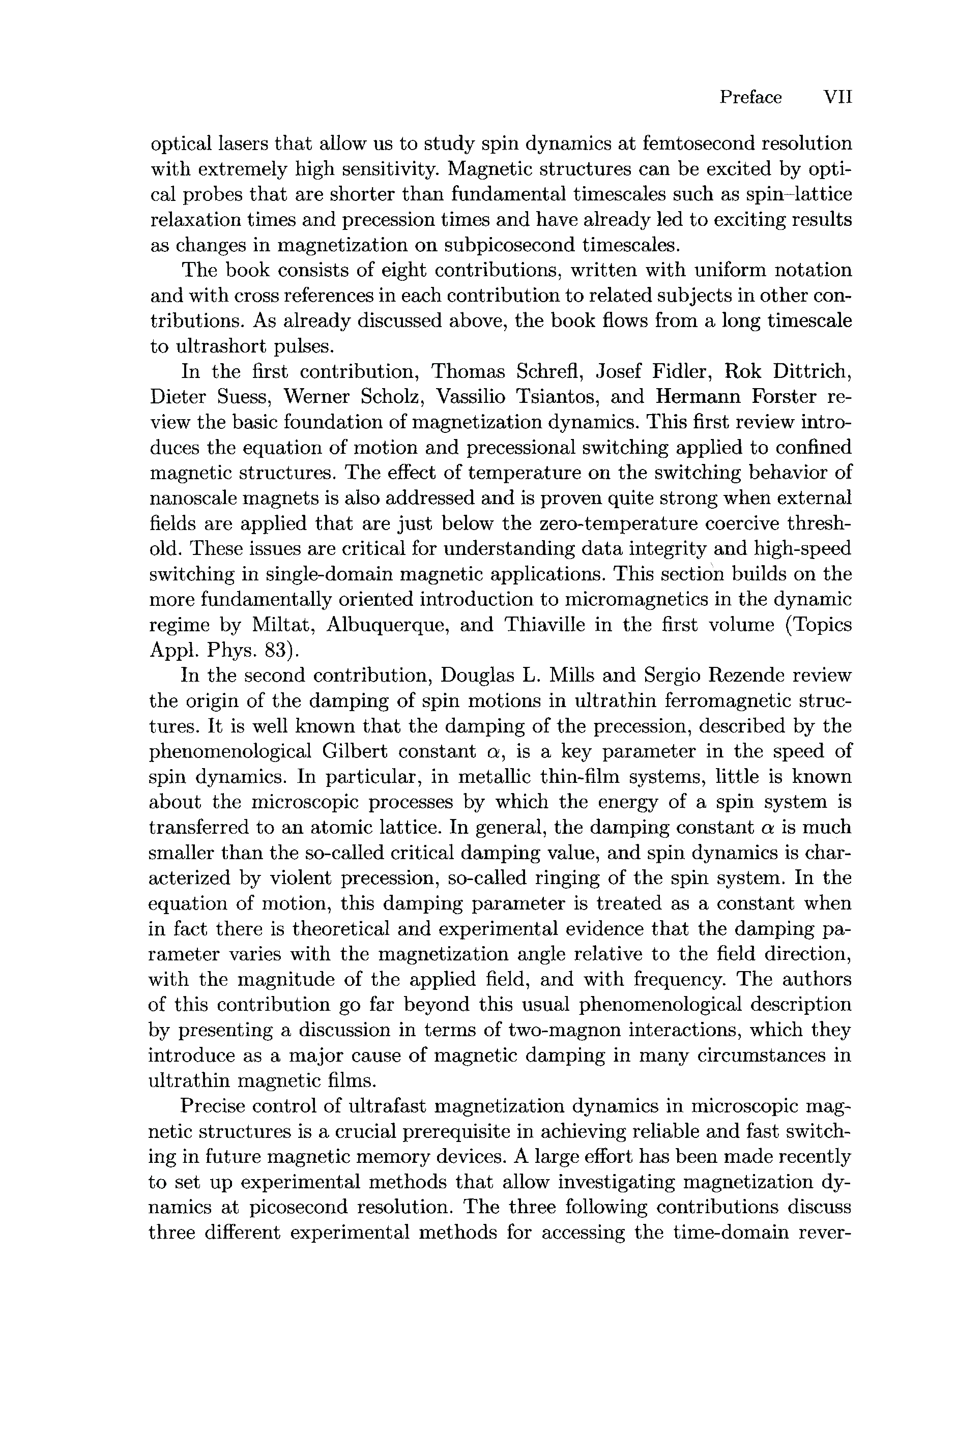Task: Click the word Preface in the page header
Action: [x=750, y=98]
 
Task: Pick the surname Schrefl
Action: [x=550, y=371]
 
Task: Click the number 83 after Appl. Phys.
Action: [x=275, y=651]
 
